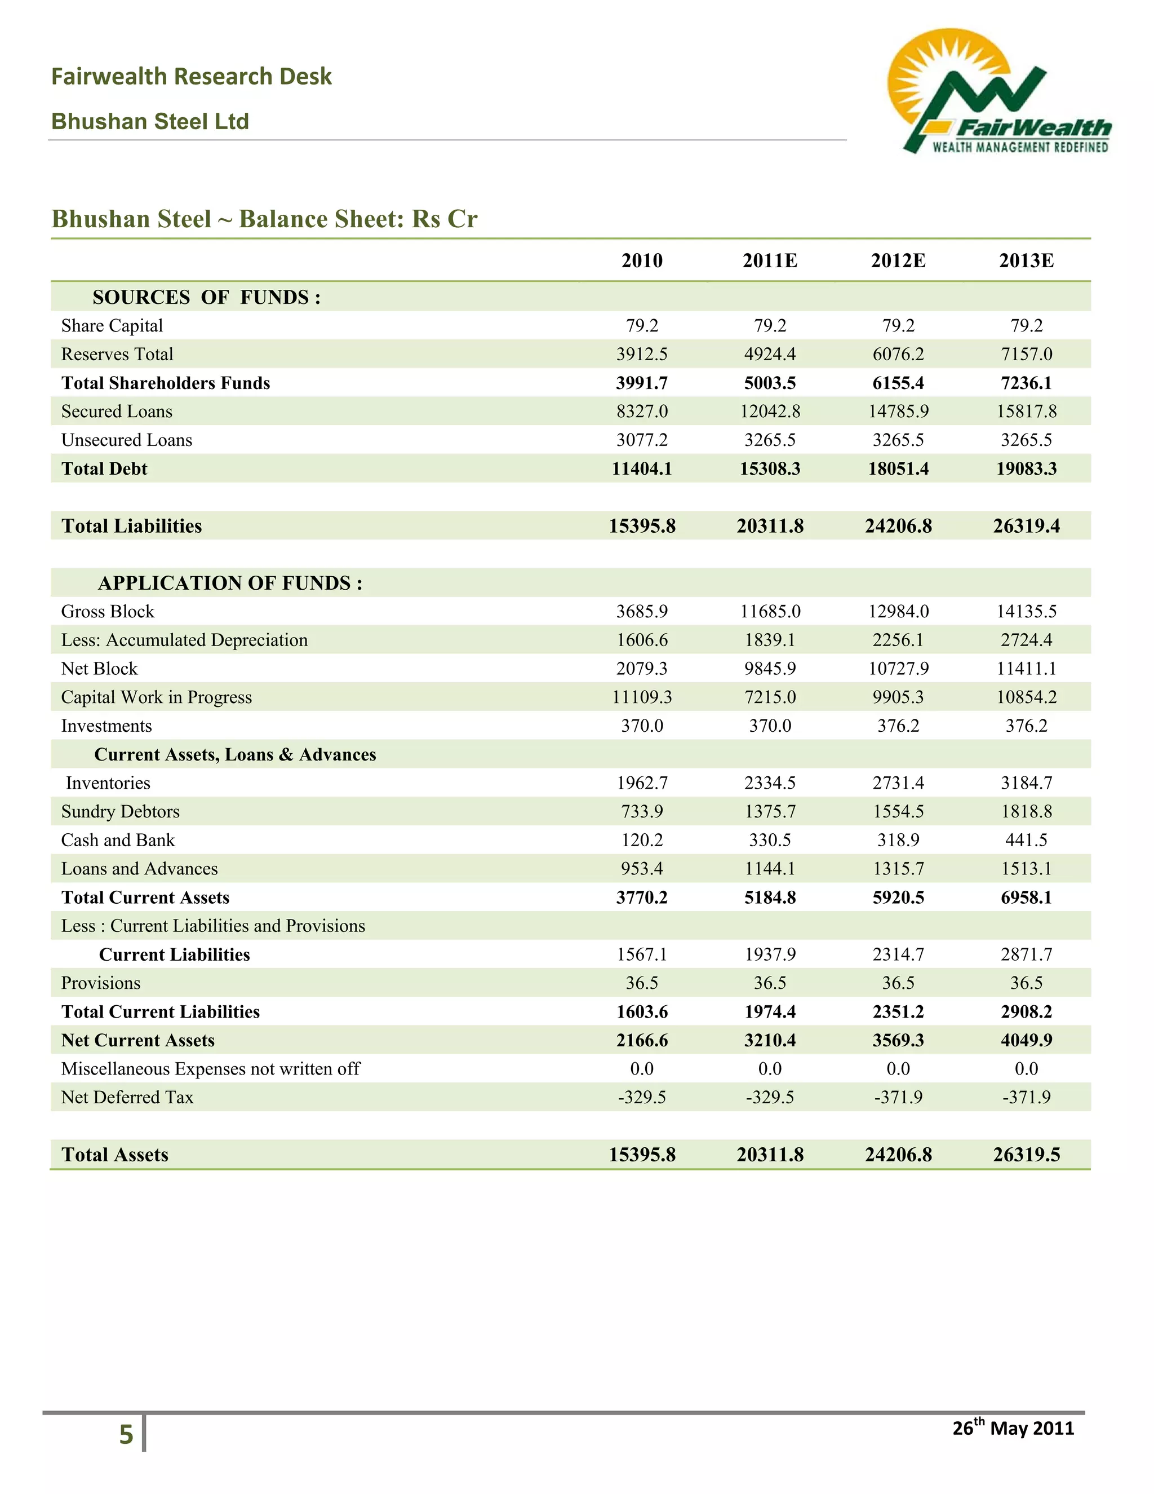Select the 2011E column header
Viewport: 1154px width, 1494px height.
pyautogui.click(x=770, y=260)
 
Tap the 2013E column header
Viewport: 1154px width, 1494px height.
pyautogui.click(x=1026, y=260)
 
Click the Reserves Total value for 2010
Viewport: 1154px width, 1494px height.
pyautogui.click(x=641, y=355)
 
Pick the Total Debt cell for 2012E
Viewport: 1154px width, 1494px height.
pyautogui.click(x=898, y=468)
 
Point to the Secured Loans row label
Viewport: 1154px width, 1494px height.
pyautogui.click(x=117, y=411)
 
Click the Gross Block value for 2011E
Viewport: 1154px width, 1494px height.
pyautogui.click(x=770, y=612)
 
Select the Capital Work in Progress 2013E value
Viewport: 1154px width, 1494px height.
pyautogui.click(x=1026, y=697)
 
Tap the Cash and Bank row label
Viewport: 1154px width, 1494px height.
pyautogui.click(x=118, y=840)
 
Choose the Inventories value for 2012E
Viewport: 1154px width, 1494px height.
pyautogui.click(x=898, y=783)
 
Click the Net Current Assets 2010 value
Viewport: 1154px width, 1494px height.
pyautogui.click(x=641, y=1041)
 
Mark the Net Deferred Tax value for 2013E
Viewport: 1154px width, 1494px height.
pyautogui.click(x=1026, y=1097)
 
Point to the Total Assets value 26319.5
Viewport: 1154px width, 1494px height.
pyautogui.click(x=1026, y=1155)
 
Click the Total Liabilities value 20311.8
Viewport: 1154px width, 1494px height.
pyautogui.click(x=770, y=526)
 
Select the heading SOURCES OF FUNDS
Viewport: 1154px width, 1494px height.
pyautogui.click(x=206, y=298)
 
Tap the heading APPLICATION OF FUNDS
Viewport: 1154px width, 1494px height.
pyautogui.click(x=230, y=583)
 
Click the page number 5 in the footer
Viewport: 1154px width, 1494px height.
pyautogui.click(x=126, y=1434)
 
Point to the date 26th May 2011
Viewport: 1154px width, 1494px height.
pyautogui.click(x=1013, y=1427)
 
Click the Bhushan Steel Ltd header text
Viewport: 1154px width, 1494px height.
pyautogui.click(x=150, y=122)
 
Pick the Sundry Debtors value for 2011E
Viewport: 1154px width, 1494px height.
pyautogui.click(x=770, y=811)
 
